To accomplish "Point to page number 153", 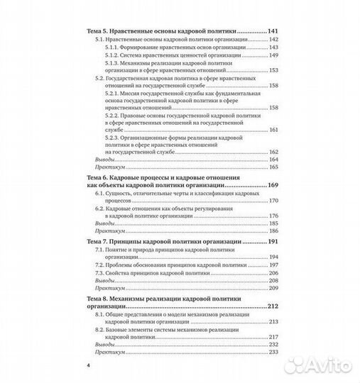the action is coord(276,72).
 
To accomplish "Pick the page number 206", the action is coord(276,273).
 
